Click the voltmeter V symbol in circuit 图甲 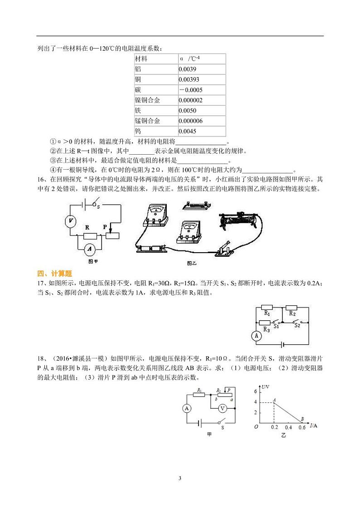click(x=70, y=221)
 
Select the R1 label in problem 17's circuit click(x=267, y=313)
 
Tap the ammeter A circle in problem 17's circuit click(x=257, y=336)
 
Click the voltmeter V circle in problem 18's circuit click(x=222, y=408)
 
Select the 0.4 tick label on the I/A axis click(x=288, y=427)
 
